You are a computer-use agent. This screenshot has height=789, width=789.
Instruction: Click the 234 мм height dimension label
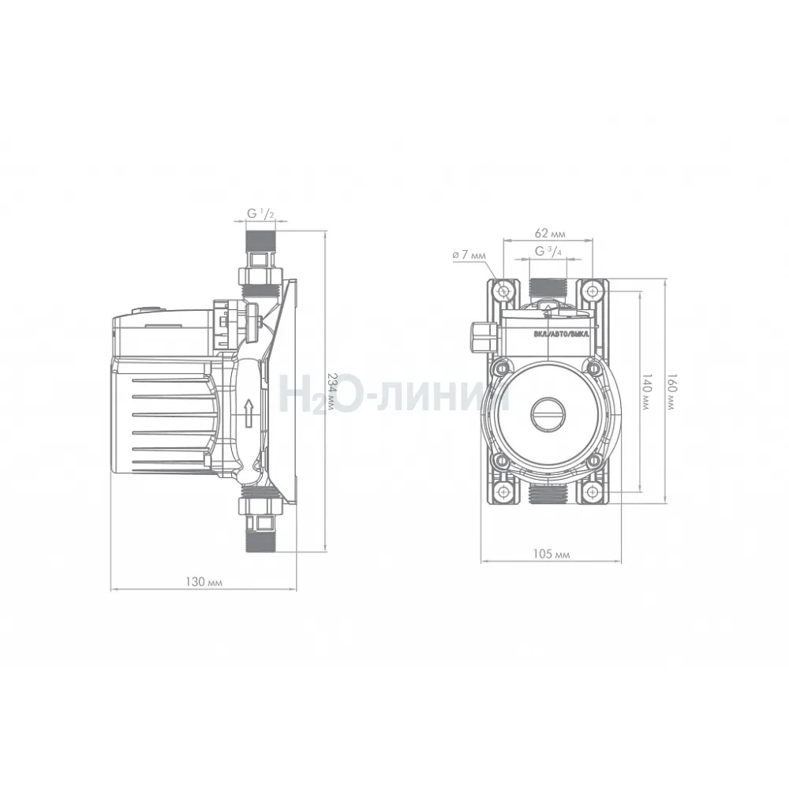point(332,391)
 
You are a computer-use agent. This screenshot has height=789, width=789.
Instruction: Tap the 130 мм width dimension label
point(204,581)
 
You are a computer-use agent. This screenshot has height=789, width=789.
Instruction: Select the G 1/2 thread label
point(260,213)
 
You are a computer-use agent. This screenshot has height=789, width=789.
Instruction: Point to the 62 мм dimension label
point(550,234)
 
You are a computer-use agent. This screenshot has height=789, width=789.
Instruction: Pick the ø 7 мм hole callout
point(469,255)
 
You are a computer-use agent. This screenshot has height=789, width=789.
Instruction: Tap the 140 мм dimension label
point(647,391)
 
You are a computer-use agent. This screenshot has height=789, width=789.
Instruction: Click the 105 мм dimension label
point(551,554)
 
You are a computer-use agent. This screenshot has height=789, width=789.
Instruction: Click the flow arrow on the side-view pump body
point(248,413)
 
